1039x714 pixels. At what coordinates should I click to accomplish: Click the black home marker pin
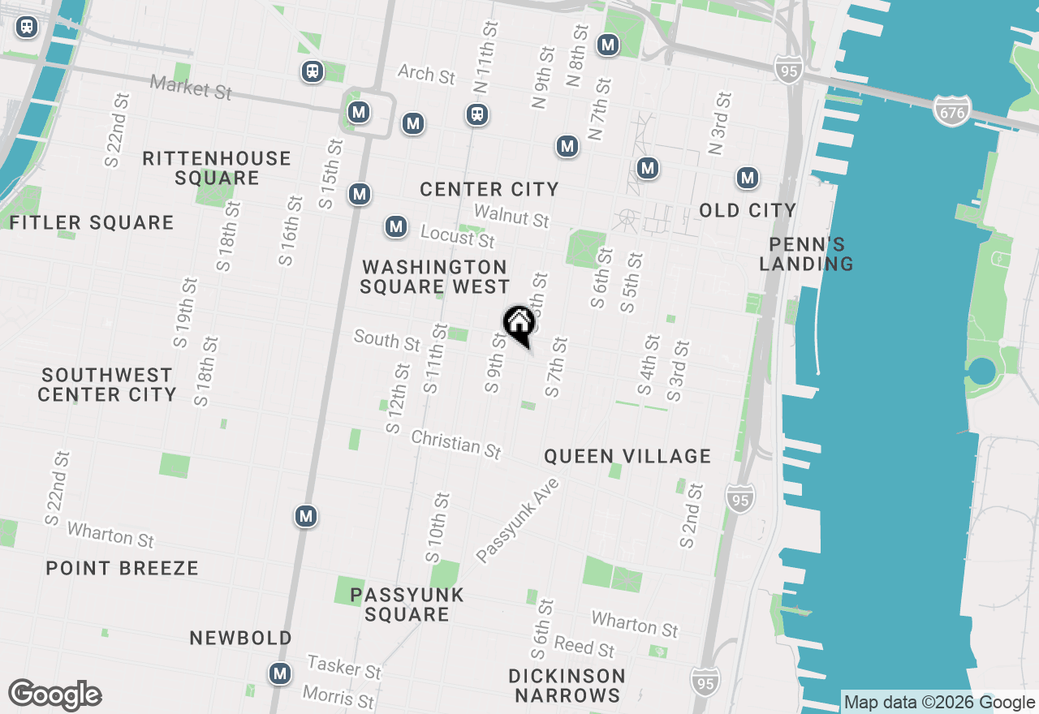(x=519, y=325)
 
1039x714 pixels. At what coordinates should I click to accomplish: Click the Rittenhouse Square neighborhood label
(x=217, y=168)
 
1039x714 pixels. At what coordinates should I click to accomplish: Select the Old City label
(x=748, y=210)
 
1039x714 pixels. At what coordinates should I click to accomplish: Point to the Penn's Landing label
(x=807, y=254)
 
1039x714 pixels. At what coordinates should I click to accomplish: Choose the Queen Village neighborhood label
(x=627, y=456)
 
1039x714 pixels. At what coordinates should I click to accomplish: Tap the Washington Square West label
(x=435, y=277)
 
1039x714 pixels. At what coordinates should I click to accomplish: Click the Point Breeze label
(x=122, y=568)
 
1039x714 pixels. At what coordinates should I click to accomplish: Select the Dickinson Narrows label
(x=567, y=686)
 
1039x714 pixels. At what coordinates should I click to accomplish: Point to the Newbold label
(x=241, y=639)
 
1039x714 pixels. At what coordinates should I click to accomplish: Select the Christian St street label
(x=456, y=444)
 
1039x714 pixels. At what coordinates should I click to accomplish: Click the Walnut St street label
(x=512, y=216)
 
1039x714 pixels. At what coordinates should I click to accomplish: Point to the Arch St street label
(x=426, y=75)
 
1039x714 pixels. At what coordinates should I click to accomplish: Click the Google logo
(x=55, y=695)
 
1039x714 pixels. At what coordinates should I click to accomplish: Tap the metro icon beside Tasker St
(x=281, y=673)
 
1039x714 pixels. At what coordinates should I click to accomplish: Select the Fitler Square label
(x=92, y=222)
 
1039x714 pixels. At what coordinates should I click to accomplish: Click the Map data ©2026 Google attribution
(x=939, y=703)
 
